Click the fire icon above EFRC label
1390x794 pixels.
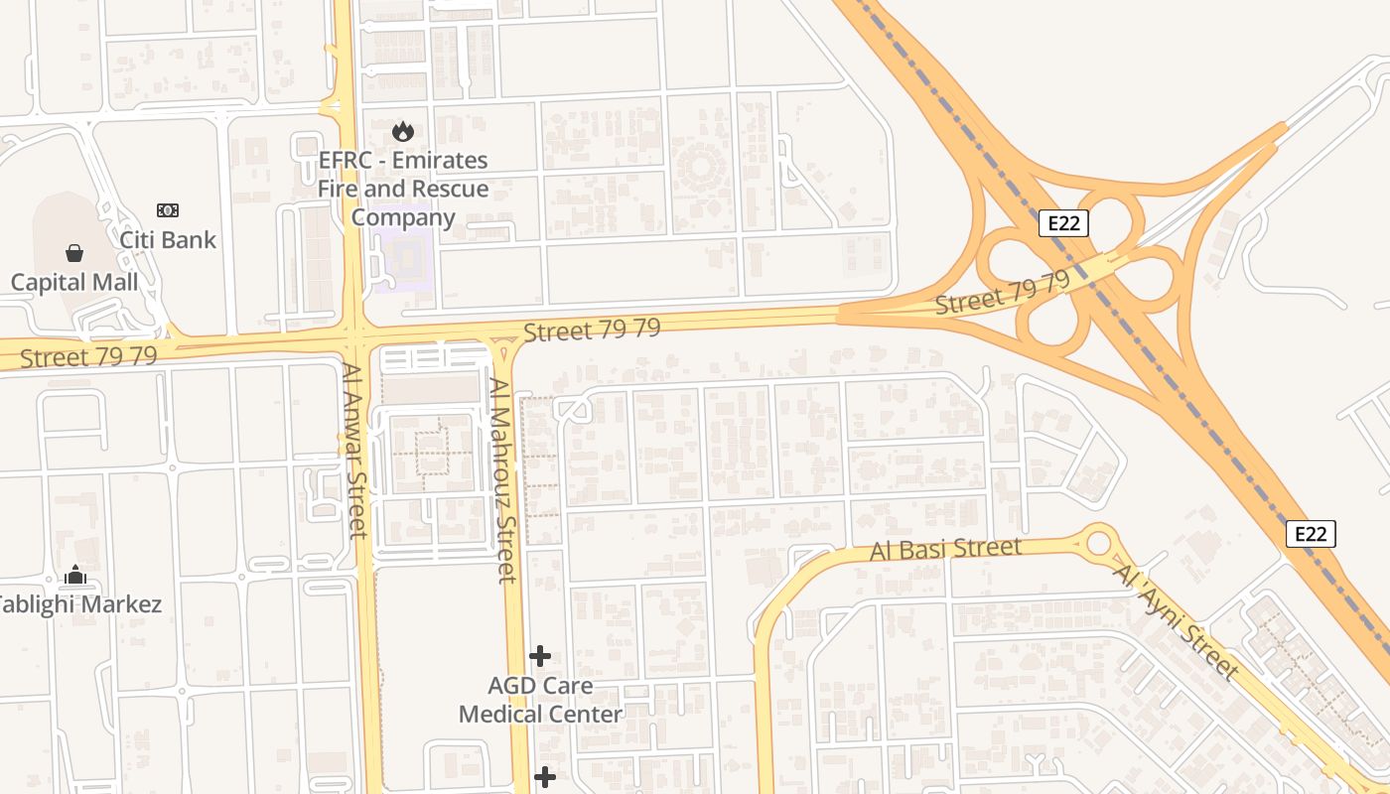pyautogui.click(x=403, y=131)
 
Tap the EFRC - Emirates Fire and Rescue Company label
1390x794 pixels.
pyautogui.click(x=403, y=189)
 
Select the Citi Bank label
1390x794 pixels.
pyautogui.click(x=168, y=239)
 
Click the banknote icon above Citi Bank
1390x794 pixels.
pyautogui.click(x=168, y=210)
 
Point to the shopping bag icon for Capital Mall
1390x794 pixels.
pyautogui.click(x=74, y=253)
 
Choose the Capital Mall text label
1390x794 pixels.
pyautogui.click(x=74, y=282)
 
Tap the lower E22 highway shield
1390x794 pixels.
pyautogui.click(x=1311, y=534)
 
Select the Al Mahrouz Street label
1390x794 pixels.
pyautogui.click(x=503, y=480)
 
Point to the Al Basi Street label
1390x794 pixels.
pyautogui.click(x=945, y=549)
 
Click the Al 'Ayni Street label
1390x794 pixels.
pyautogui.click(x=1177, y=621)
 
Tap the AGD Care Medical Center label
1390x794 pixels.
pyautogui.click(x=540, y=700)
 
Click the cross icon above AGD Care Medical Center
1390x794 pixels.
pyautogui.click(x=540, y=656)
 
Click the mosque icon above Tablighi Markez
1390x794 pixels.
pyautogui.click(x=75, y=575)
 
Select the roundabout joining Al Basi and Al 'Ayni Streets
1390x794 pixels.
pyautogui.click(x=1098, y=543)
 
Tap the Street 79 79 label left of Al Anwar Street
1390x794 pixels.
pyautogui.click(x=88, y=355)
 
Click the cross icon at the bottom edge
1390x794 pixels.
pyautogui.click(x=545, y=777)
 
